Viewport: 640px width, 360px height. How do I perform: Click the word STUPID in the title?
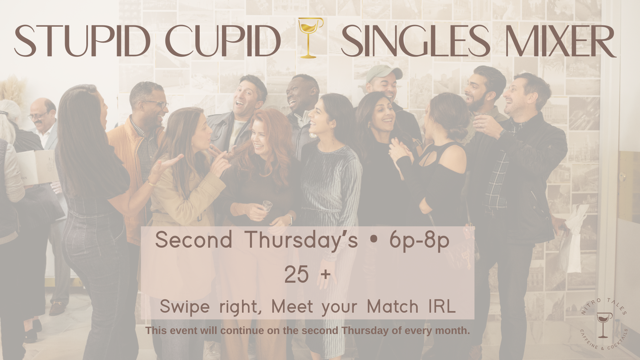(x=82, y=41)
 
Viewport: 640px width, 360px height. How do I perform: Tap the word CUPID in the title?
(x=223, y=41)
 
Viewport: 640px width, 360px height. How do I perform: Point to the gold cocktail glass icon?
(x=310, y=38)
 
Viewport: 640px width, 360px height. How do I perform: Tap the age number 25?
(x=296, y=275)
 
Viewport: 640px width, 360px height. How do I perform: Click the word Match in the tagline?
(x=392, y=306)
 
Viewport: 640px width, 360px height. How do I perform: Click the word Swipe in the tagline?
(x=185, y=307)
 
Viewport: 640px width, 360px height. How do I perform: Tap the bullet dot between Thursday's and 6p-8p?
(x=374, y=240)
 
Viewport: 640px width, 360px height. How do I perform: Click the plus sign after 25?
(x=325, y=275)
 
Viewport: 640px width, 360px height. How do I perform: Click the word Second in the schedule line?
(x=194, y=240)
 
